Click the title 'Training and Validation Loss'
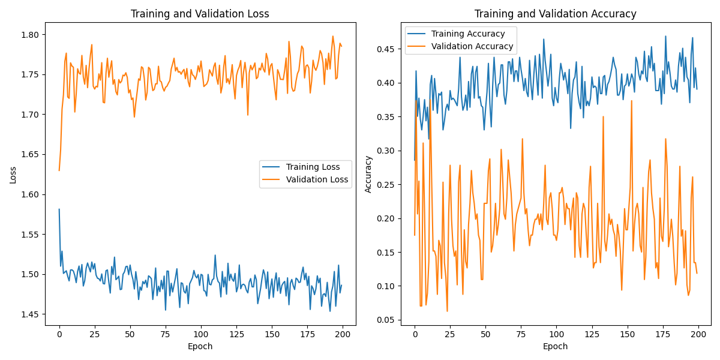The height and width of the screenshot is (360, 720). tap(200, 14)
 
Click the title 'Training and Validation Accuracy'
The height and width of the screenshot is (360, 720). tap(555, 14)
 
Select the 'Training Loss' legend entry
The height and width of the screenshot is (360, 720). tap(313, 167)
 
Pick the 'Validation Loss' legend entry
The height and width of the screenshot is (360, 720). tap(317, 179)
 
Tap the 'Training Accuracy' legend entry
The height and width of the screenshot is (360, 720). tap(468, 34)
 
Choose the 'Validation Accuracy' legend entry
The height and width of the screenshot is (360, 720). tap(472, 46)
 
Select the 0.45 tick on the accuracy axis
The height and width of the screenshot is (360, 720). tap(386, 49)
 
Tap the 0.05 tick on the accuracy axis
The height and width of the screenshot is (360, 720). tap(386, 320)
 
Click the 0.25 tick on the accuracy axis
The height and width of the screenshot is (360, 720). tap(386, 185)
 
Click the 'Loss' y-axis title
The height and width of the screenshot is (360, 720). tap(13, 175)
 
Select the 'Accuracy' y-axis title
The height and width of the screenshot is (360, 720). tap(368, 175)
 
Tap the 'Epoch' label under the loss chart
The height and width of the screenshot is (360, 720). tap(200, 346)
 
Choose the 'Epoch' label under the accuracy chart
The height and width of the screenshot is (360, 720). tap(555, 346)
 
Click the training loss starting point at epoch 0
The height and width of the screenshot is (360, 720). tap(59, 209)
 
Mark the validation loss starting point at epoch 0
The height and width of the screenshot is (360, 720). tap(59, 170)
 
